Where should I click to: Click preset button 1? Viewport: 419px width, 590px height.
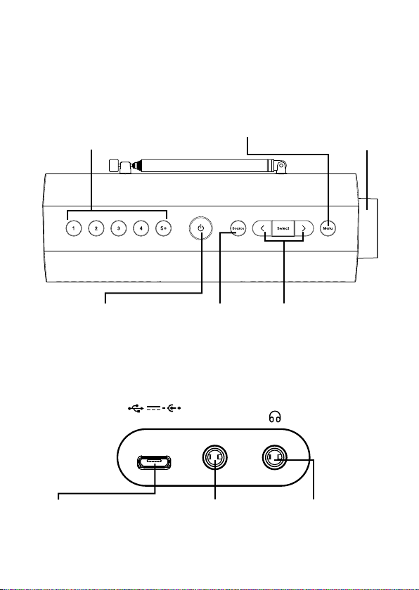click(x=73, y=228)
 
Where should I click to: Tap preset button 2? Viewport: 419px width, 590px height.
click(x=96, y=228)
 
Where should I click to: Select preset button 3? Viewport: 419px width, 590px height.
click(x=118, y=228)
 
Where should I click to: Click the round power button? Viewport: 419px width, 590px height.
click(x=200, y=228)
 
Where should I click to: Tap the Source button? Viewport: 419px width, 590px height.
click(x=238, y=228)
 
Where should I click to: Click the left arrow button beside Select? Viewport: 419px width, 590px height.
click(x=262, y=228)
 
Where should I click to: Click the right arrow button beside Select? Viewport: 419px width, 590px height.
click(x=304, y=228)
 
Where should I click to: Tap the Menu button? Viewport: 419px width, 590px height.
click(x=328, y=228)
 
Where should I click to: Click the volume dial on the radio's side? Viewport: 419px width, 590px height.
click(x=368, y=228)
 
